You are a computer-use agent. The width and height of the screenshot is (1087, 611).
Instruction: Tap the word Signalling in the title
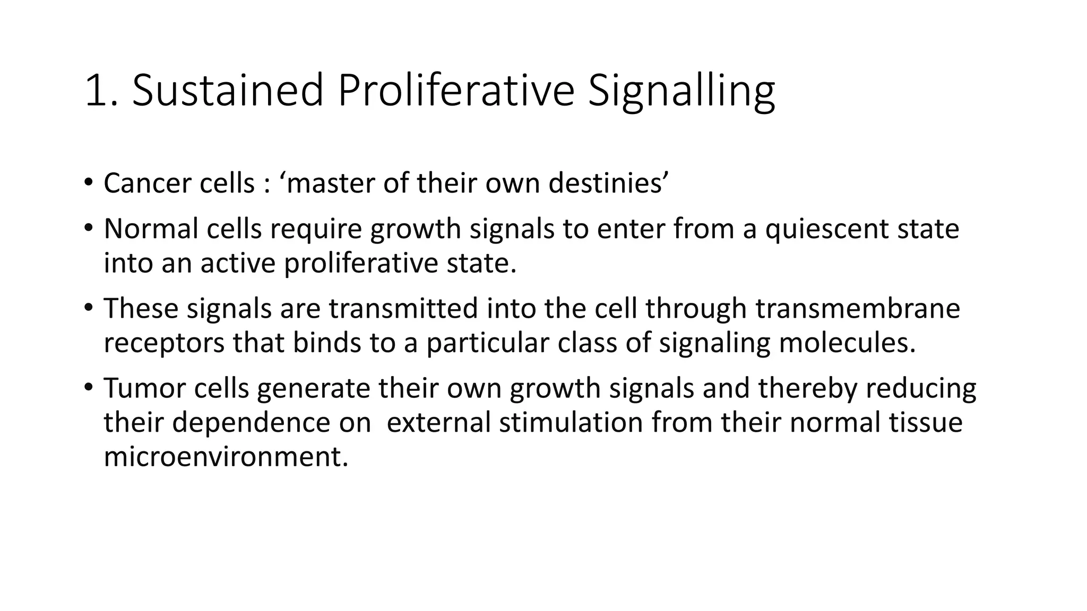tap(681, 91)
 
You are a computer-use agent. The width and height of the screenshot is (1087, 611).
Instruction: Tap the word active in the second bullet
tap(238, 263)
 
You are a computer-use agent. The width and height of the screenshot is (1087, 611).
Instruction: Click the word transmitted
tap(403, 309)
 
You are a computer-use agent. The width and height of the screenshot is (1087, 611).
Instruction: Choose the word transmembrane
tap(858, 309)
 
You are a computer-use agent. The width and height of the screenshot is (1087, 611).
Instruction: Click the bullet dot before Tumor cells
tap(88, 387)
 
